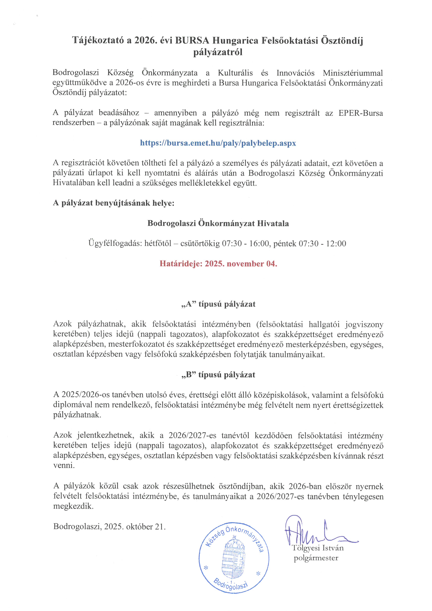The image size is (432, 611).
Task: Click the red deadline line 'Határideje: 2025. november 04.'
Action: (218, 264)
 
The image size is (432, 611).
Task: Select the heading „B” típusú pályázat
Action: (218, 375)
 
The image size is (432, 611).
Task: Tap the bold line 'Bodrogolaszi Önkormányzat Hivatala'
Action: (218, 223)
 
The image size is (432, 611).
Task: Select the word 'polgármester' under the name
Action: (316, 558)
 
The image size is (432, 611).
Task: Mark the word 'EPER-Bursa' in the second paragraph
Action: (361, 113)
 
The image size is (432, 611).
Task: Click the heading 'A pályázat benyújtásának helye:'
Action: (114, 203)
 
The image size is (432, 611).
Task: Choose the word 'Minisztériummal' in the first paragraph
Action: (353, 73)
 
